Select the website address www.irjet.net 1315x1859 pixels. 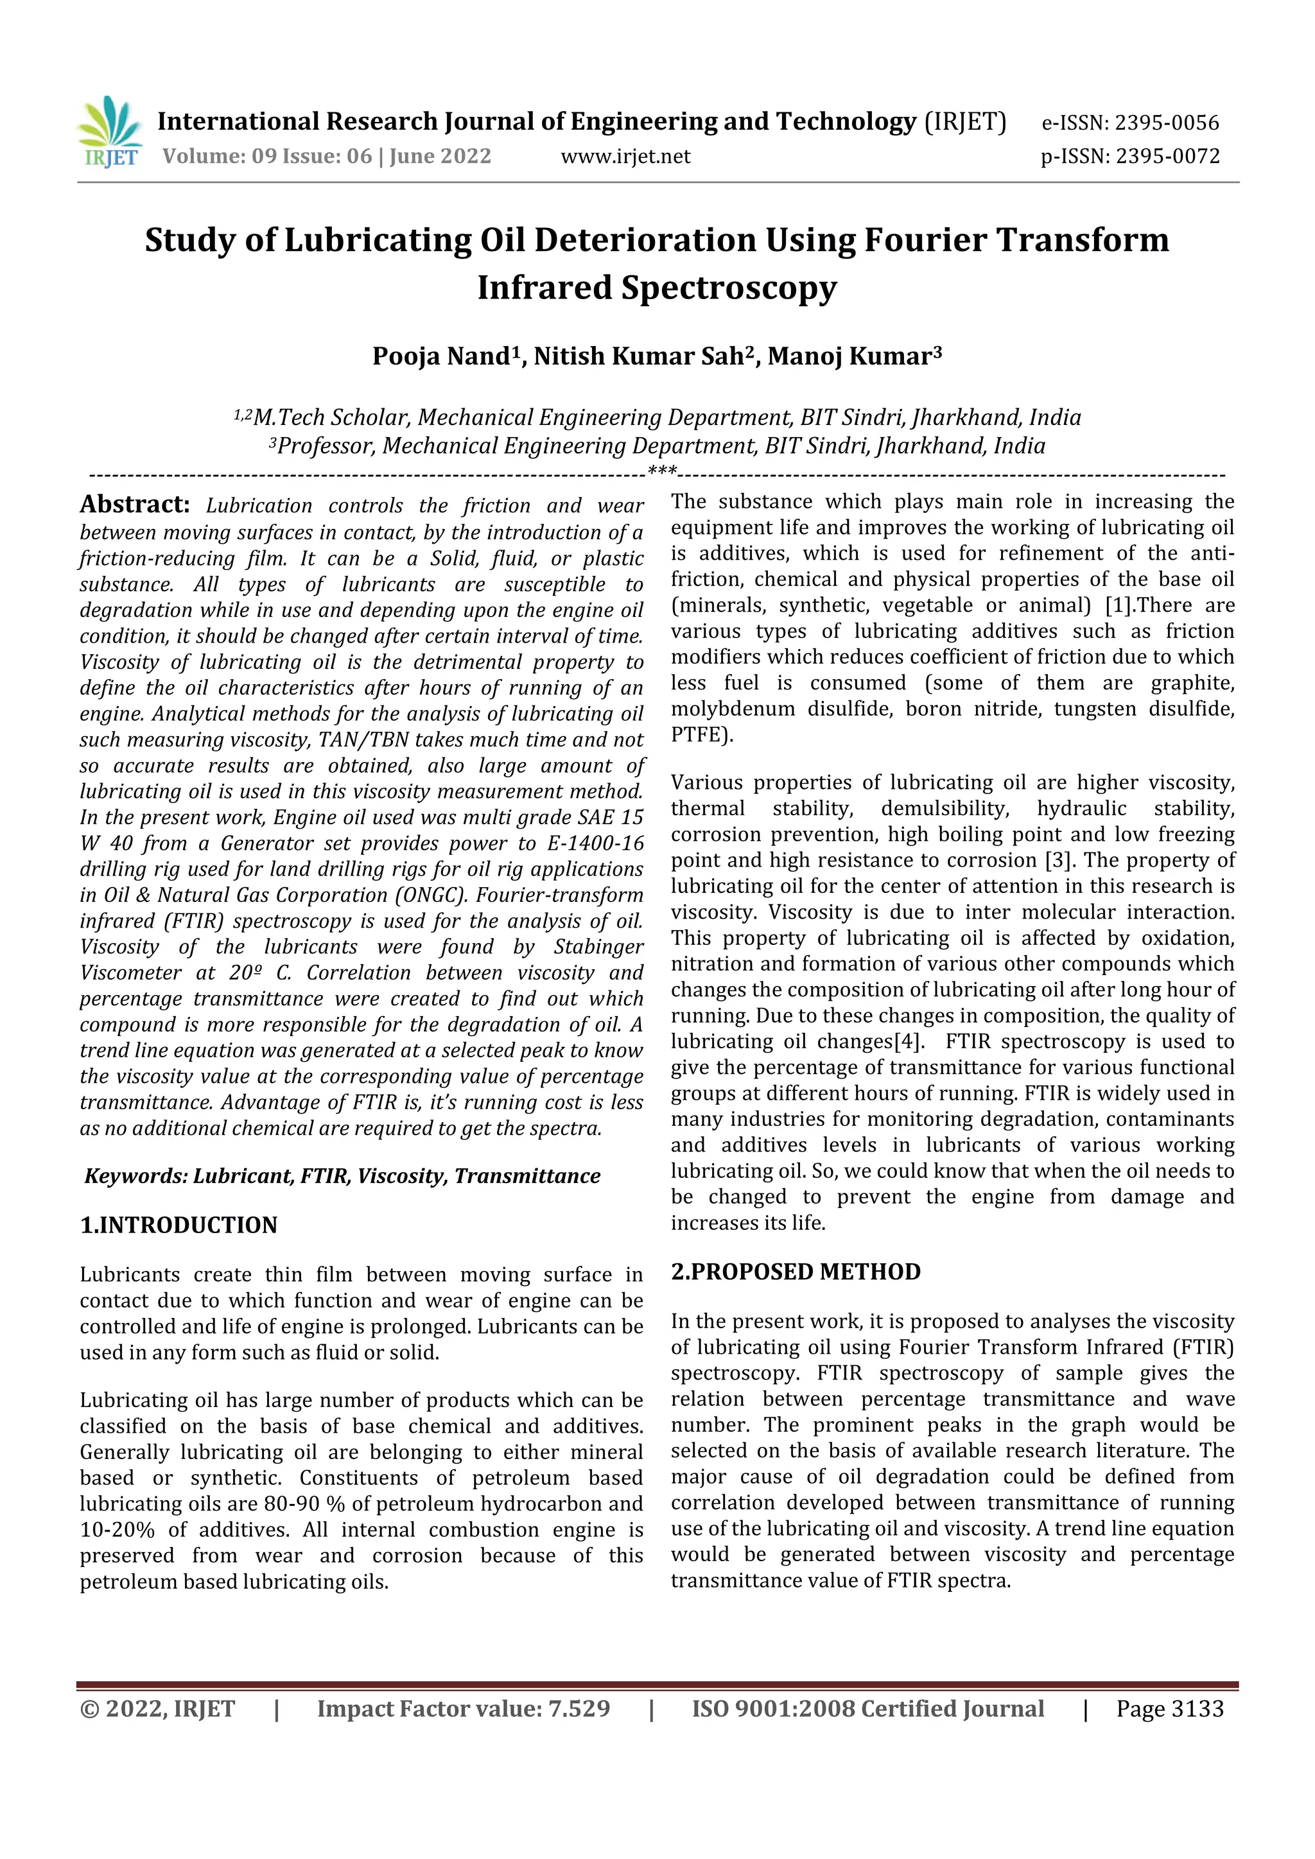[625, 156]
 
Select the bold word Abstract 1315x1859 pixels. [134, 505]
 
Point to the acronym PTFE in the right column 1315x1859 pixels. [697, 735]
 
